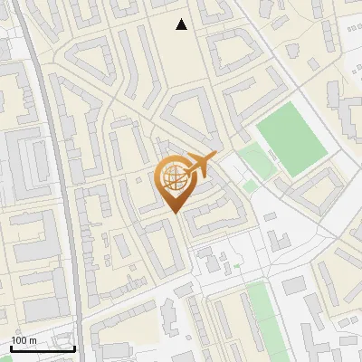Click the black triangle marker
(182, 24)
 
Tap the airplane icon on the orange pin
(197, 166)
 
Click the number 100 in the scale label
(20, 340)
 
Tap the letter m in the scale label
(33, 340)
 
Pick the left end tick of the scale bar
(11, 347)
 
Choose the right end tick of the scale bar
(74, 347)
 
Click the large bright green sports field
(291, 138)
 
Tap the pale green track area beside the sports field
(257, 161)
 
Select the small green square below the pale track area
(250, 186)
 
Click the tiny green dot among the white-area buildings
(237, 266)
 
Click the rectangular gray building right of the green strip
(294, 286)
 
